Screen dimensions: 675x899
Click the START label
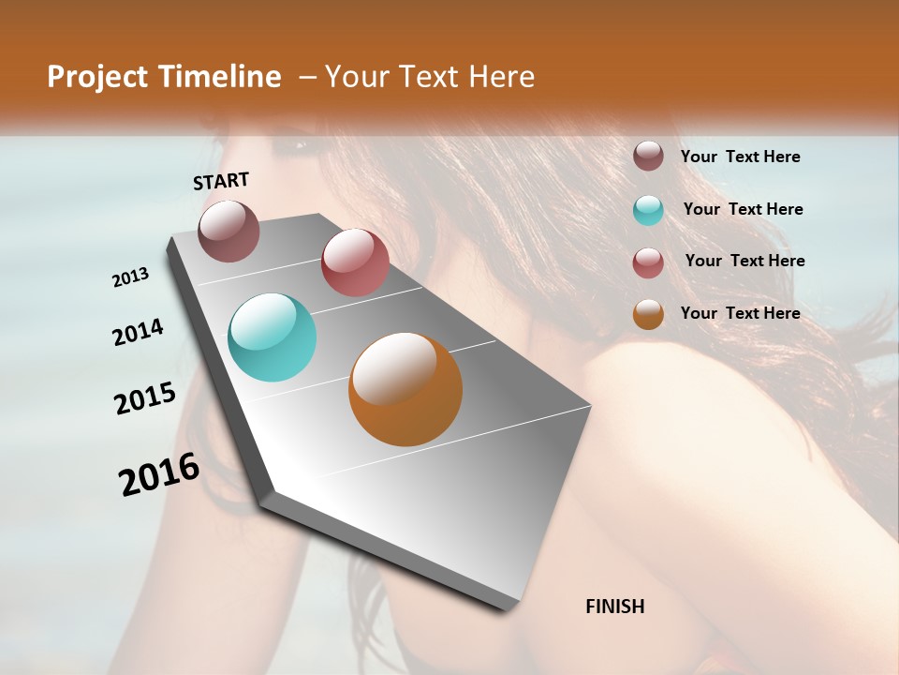221,181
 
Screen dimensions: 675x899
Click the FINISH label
614,607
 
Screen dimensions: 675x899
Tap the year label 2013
130,277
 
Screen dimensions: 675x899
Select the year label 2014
138,333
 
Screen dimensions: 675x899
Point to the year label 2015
145,398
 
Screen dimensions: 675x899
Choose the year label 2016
159,474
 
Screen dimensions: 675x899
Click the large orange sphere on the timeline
405,389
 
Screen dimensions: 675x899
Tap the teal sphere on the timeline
272,337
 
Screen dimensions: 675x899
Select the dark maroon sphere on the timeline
228,231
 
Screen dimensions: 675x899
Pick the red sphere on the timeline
355,262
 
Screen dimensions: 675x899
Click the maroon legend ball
648,156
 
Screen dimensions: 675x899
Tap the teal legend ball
648,210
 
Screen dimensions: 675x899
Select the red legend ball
648,262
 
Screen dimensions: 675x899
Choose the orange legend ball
648,314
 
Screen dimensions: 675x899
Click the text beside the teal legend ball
743,209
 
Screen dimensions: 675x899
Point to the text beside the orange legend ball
740,313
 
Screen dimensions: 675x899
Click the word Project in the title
98,77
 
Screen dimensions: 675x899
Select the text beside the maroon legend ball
740,157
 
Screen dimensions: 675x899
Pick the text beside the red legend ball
744,261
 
